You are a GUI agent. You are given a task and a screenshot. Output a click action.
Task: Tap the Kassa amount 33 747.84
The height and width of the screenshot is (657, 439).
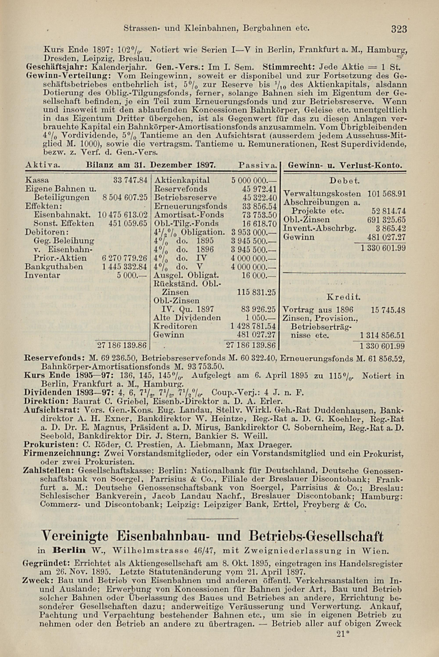pyautogui.click(x=130, y=180)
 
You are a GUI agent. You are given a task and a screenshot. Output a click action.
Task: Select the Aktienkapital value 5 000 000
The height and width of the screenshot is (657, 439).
pyautogui.click(x=254, y=180)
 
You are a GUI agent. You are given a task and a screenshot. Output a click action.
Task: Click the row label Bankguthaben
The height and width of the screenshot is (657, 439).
pyautogui.click(x=54, y=266)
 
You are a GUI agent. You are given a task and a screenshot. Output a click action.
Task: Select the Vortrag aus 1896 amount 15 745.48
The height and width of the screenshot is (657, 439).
pyautogui.click(x=388, y=310)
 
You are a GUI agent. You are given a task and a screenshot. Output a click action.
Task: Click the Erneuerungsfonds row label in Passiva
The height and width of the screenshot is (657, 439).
pyautogui.click(x=190, y=206)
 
